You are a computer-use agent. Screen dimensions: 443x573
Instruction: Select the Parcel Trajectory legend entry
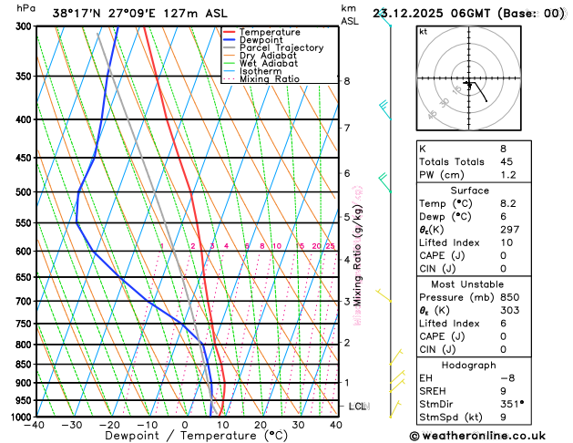281,47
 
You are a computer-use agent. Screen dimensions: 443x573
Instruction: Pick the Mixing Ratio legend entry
270,78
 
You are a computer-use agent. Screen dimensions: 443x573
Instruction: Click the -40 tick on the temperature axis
36,425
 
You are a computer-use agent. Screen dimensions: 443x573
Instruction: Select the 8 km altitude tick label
346,81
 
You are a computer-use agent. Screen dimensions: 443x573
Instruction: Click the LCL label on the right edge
357,406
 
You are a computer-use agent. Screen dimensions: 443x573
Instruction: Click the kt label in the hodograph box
423,31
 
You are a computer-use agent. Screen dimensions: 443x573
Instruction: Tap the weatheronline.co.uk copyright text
486,436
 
